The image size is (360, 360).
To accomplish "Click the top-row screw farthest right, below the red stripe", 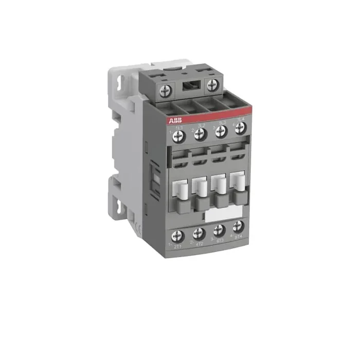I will click(239, 131).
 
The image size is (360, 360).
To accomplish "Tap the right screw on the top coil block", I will click(211, 85).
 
